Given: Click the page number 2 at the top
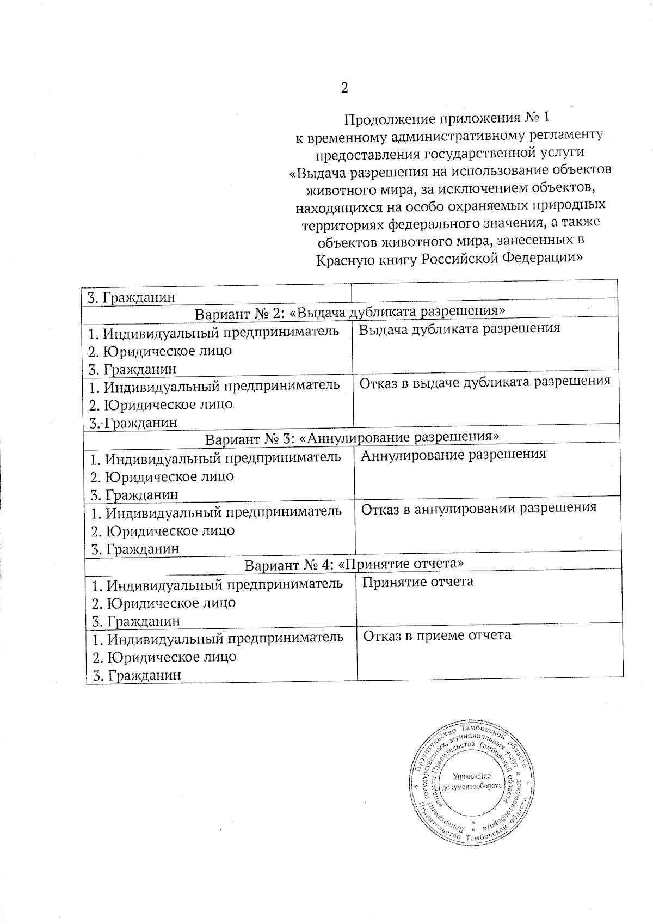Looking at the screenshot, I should point(344,88).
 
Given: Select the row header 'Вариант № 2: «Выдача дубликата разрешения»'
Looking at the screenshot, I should point(350,312).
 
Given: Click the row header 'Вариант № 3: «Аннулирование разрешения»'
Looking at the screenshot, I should point(352,438).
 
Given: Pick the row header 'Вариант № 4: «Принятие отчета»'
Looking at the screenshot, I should point(354,564).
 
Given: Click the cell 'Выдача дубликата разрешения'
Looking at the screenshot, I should point(459,328).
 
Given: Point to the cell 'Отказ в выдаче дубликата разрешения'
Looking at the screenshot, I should point(485,381).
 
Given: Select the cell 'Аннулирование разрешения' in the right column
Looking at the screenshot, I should point(453,454).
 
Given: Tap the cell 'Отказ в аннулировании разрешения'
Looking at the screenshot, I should point(478,508).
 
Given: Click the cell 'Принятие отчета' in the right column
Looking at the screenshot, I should point(417,582).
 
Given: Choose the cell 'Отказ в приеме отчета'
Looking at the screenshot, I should point(436,635).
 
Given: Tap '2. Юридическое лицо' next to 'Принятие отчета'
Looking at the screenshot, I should point(163,603).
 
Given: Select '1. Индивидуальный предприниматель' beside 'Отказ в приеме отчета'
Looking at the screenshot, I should point(218,638).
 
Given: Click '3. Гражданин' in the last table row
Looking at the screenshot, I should point(137,676).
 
